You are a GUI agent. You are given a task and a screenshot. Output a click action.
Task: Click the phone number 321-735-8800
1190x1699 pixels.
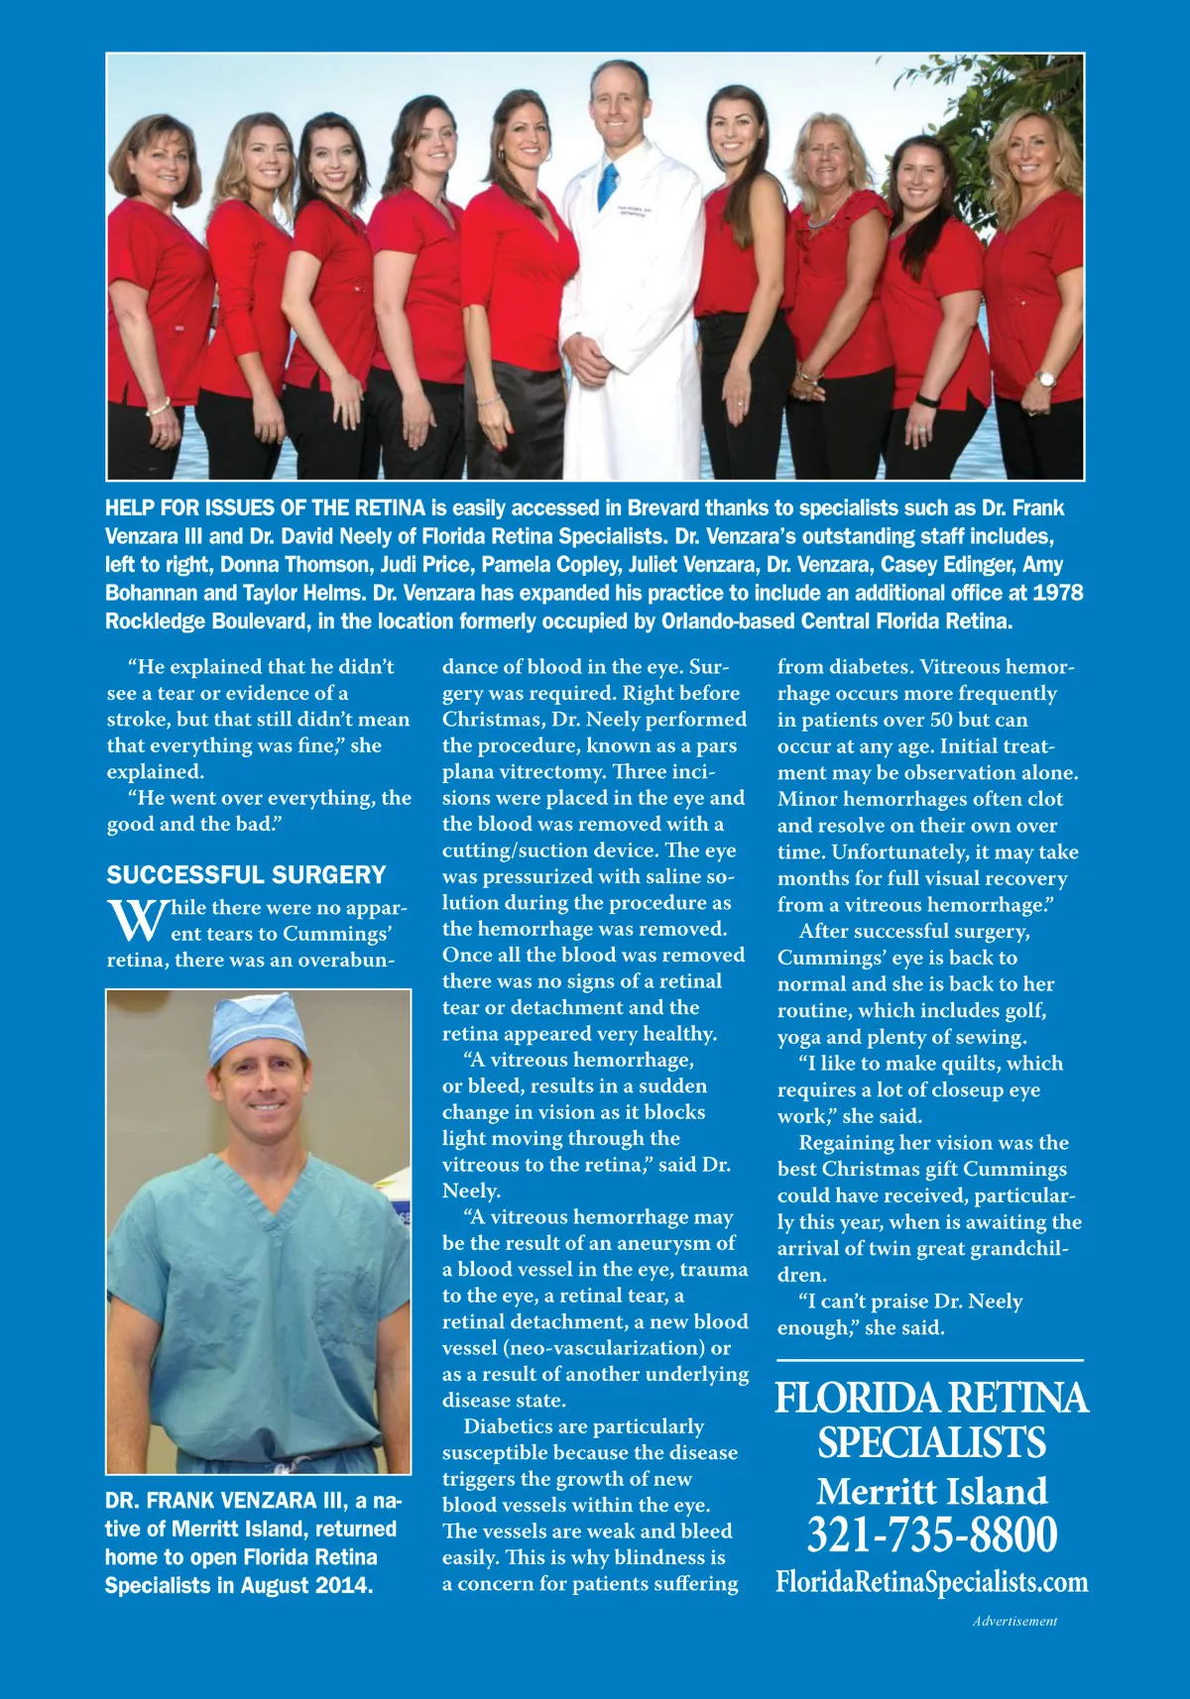click(x=931, y=1535)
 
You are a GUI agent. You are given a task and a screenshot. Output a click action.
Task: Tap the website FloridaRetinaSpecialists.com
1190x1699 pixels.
click(x=931, y=1581)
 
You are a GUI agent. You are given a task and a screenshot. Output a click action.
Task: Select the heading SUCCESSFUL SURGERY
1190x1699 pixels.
click(x=246, y=875)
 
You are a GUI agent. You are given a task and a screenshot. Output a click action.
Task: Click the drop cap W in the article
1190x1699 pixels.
click(x=137, y=920)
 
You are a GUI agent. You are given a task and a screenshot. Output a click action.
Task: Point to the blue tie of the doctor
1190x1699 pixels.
click(x=608, y=186)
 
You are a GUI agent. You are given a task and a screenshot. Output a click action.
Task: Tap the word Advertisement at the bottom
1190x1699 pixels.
click(x=1014, y=1622)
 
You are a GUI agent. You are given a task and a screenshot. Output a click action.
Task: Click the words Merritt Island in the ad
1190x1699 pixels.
click(x=931, y=1492)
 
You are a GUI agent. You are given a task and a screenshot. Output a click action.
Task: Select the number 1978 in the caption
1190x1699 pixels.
click(x=1057, y=593)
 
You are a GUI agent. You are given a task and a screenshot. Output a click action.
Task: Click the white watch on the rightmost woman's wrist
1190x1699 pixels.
click(x=1046, y=379)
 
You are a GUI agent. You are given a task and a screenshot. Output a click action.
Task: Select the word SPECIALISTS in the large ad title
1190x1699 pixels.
click(x=931, y=1442)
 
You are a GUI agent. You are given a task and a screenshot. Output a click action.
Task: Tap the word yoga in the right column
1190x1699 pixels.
click(x=799, y=1037)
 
